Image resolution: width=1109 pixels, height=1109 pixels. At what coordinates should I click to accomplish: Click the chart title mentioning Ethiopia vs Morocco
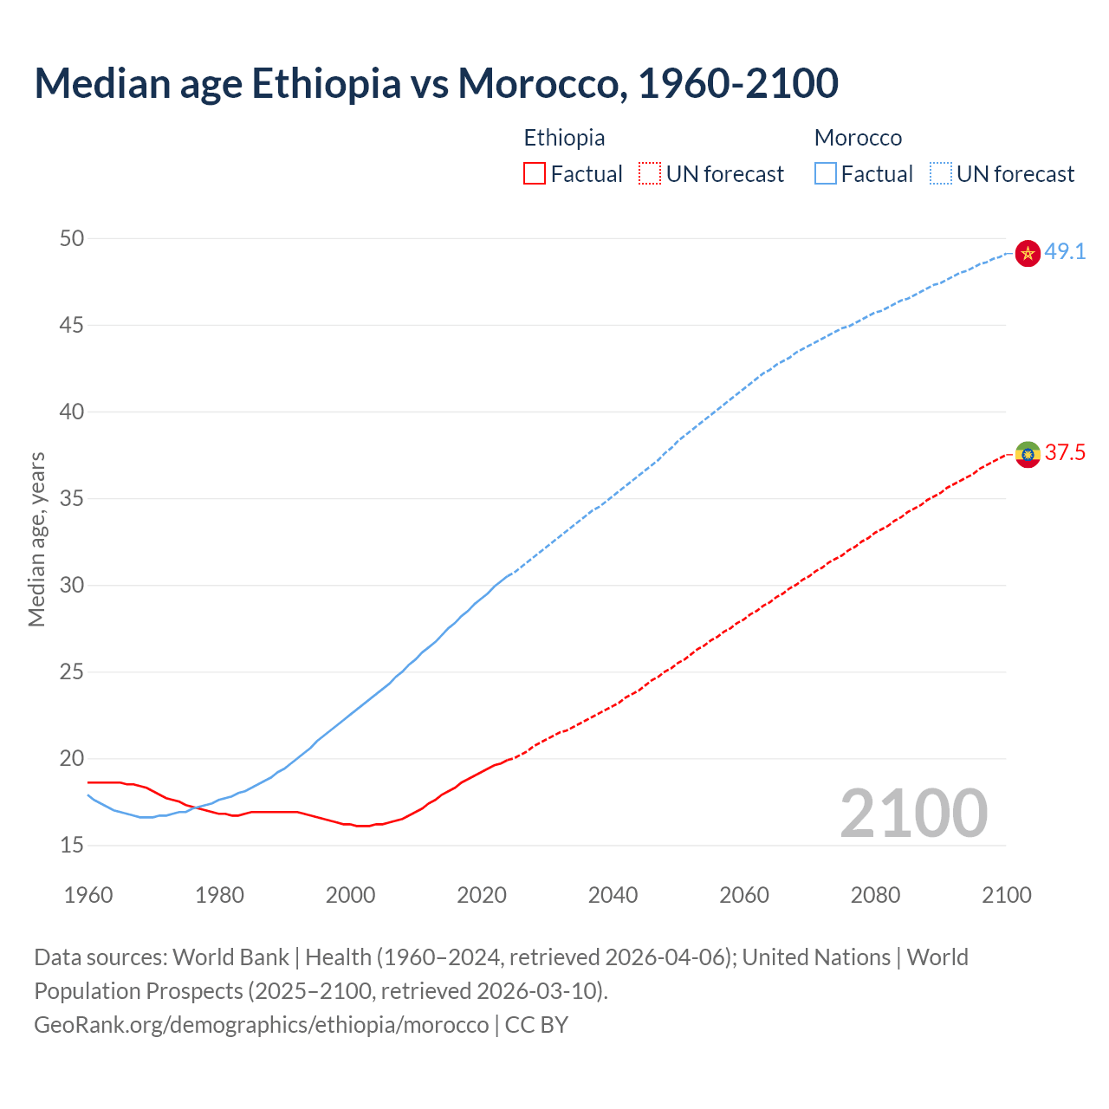[436, 83]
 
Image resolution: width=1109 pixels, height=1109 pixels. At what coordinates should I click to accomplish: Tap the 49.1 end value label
[1065, 252]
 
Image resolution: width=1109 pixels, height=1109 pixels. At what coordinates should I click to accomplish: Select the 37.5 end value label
[1065, 453]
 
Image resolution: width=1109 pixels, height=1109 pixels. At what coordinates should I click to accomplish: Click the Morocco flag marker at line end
[1028, 253]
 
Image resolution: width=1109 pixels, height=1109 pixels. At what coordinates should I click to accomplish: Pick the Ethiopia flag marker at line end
[1028, 454]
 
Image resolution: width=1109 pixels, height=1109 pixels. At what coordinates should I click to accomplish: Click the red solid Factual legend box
[535, 174]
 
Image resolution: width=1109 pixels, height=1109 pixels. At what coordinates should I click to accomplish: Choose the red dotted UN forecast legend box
[650, 174]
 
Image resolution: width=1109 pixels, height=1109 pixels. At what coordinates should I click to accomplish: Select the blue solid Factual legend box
[826, 174]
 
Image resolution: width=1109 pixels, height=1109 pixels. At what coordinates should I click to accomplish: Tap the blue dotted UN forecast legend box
[941, 174]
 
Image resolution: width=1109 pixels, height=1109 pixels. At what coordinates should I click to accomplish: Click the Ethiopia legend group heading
[564, 138]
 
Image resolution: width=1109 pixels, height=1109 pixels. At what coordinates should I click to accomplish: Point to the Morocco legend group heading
[858, 138]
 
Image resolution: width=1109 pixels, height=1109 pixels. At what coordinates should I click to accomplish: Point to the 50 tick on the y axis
[72, 238]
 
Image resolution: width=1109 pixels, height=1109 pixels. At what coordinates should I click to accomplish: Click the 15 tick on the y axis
[72, 845]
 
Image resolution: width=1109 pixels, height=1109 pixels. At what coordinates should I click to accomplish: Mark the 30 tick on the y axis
[72, 585]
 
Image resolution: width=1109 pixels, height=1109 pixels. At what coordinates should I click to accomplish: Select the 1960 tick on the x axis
[88, 895]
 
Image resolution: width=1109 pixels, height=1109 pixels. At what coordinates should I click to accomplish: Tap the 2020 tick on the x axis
[482, 895]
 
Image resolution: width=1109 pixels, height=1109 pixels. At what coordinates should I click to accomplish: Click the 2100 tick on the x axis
[1007, 895]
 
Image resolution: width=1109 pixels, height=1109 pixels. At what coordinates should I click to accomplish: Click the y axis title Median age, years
[36, 539]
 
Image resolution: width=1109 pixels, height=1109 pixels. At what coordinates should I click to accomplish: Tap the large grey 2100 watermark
[913, 813]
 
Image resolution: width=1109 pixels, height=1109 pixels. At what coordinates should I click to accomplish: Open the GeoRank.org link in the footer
[261, 1025]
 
